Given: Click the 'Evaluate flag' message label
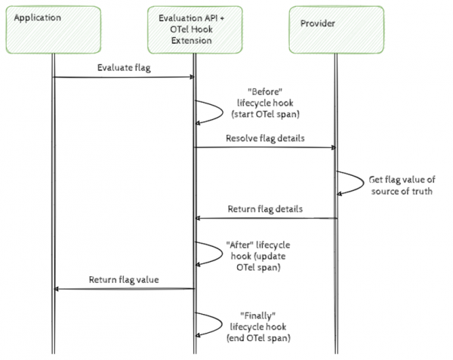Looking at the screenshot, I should coord(122,66).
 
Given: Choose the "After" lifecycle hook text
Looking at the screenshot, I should coord(257,254).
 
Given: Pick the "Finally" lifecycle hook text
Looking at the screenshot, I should coord(259,325).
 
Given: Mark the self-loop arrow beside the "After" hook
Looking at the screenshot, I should coord(212,253).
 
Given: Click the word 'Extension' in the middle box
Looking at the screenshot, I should coord(193,40).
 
